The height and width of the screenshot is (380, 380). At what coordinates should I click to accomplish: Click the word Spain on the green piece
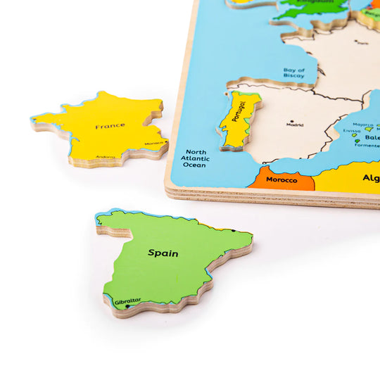(163, 253)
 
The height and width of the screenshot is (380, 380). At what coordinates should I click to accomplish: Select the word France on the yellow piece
(110, 126)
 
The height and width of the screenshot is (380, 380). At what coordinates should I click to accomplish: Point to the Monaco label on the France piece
(154, 143)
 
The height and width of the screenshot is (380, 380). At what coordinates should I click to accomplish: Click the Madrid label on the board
(295, 125)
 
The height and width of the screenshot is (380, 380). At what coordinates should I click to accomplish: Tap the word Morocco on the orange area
(281, 180)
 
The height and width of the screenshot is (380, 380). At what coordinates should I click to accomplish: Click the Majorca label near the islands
(362, 125)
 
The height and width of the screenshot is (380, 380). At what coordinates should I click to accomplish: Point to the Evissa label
(352, 131)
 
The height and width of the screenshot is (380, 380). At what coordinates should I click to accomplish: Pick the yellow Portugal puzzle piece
(238, 120)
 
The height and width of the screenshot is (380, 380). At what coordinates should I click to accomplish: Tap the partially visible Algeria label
(371, 178)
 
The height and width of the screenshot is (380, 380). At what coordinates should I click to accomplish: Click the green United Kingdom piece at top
(313, 8)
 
